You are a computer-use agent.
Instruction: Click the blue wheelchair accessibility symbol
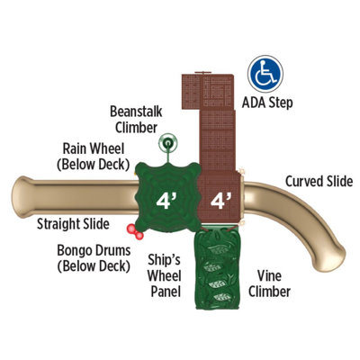265,74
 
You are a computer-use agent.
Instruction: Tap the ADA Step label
267,103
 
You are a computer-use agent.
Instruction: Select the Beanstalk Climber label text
136,120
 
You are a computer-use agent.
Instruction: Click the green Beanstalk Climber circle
168,143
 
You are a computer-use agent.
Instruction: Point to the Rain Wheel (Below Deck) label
94,157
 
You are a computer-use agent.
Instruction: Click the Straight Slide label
73,224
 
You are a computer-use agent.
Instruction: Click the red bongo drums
135,232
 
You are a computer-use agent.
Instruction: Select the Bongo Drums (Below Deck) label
94,258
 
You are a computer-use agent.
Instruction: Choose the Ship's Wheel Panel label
165,275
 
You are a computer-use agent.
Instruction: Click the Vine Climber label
269,283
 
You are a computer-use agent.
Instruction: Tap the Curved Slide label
319,181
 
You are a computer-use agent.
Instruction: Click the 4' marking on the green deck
166,201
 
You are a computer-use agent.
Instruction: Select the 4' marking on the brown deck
221,201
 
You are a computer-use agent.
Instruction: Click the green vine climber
217,268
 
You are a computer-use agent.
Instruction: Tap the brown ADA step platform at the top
208,91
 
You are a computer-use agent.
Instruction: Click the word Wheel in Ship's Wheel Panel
165,275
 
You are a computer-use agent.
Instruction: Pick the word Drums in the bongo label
111,250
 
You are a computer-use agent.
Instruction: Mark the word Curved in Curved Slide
303,181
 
